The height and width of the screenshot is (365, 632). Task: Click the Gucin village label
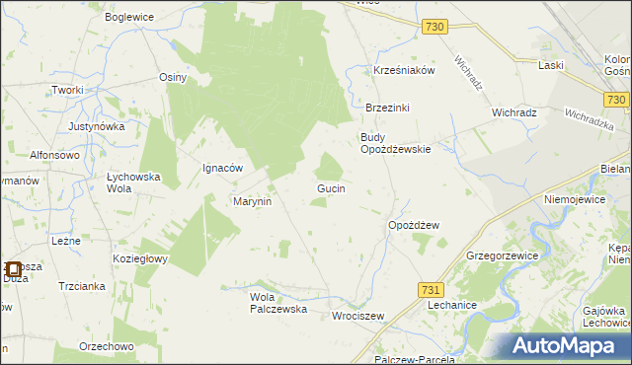330,187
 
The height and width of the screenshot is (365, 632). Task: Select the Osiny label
173,76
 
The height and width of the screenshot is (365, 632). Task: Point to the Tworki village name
67,90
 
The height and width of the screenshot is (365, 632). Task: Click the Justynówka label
97,126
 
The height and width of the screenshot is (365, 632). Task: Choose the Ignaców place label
222,168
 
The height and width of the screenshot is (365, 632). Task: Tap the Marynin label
252,201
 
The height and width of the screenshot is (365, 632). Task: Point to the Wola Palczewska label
279,302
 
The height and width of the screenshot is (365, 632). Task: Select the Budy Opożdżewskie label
395,143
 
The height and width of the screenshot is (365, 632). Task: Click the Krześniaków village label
404,71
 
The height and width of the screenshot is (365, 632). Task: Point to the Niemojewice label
574,198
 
